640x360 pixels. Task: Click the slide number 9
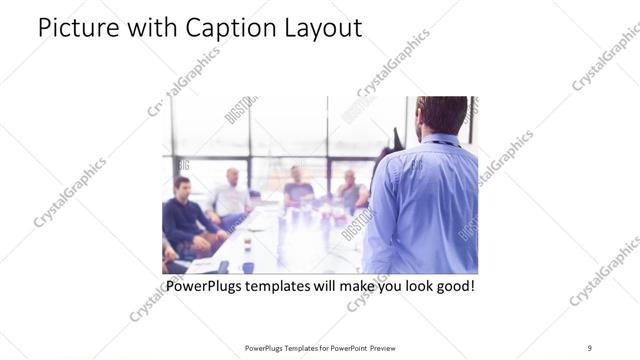[x=590, y=348]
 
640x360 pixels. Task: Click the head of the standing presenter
[x=441, y=115]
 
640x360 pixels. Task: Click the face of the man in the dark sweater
[x=182, y=187]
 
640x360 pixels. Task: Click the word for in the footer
[x=320, y=348]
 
